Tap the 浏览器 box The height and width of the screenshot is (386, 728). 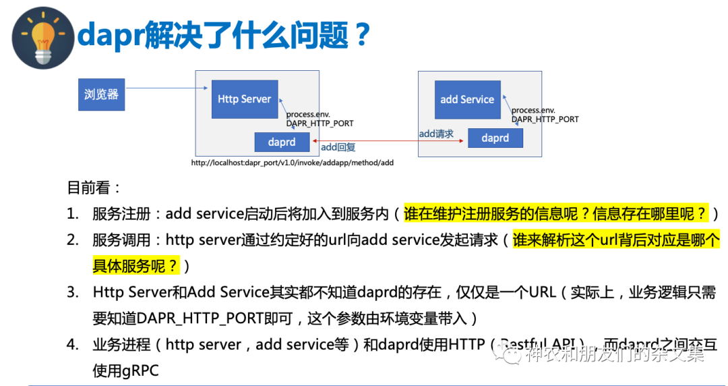pyautogui.click(x=102, y=94)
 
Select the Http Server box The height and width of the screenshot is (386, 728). pyautogui.click(x=244, y=99)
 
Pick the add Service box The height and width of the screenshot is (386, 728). pyautogui.click(x=467, y=100)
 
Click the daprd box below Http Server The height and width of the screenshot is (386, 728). pyautogui.click(x=282, y=142)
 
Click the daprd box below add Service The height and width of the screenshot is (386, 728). pyautogui.click(x=495, y=138)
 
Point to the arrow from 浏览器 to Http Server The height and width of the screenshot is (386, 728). pyautogui.click(x=168, y=88)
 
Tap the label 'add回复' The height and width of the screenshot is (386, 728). pyautogui.click(x=338, y=147)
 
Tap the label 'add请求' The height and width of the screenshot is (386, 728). pyautogui.click(x=436, y=134)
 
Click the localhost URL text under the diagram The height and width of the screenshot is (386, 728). pyautogui.click(x=292, y=163)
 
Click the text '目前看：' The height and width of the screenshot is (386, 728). pyautogui.click(x=95, y=187)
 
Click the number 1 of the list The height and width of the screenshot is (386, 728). pyautogui.click(x=71, y=214)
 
